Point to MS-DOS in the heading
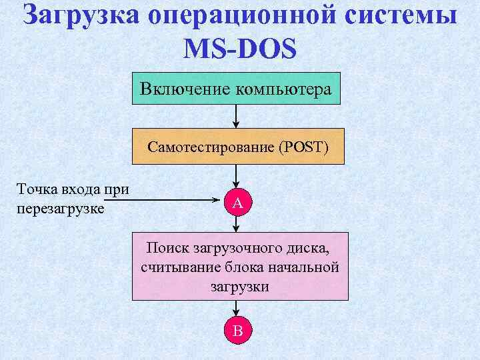(240, 49)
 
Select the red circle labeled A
(237, 201)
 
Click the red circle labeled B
(237, 329)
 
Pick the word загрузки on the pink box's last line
(239, 287)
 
